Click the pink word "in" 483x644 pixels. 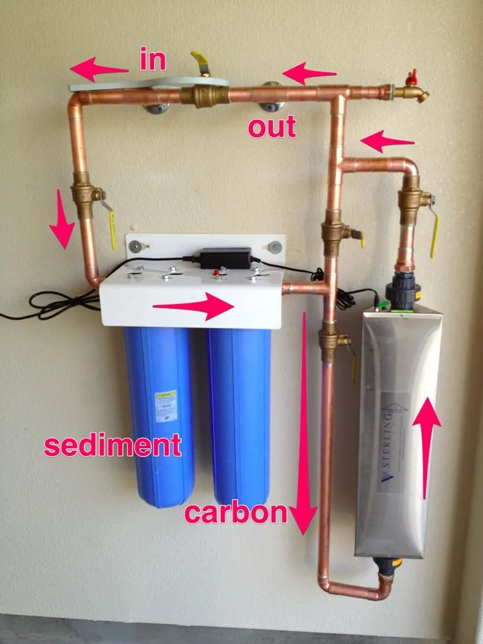[153, 60]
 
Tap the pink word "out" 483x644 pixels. [272, 127]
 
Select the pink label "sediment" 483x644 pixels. [112, 446]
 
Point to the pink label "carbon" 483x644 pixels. [235, 513]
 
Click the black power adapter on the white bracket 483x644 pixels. [225, 257]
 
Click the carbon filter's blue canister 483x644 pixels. [239, 412]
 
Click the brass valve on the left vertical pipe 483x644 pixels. [84, 195]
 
